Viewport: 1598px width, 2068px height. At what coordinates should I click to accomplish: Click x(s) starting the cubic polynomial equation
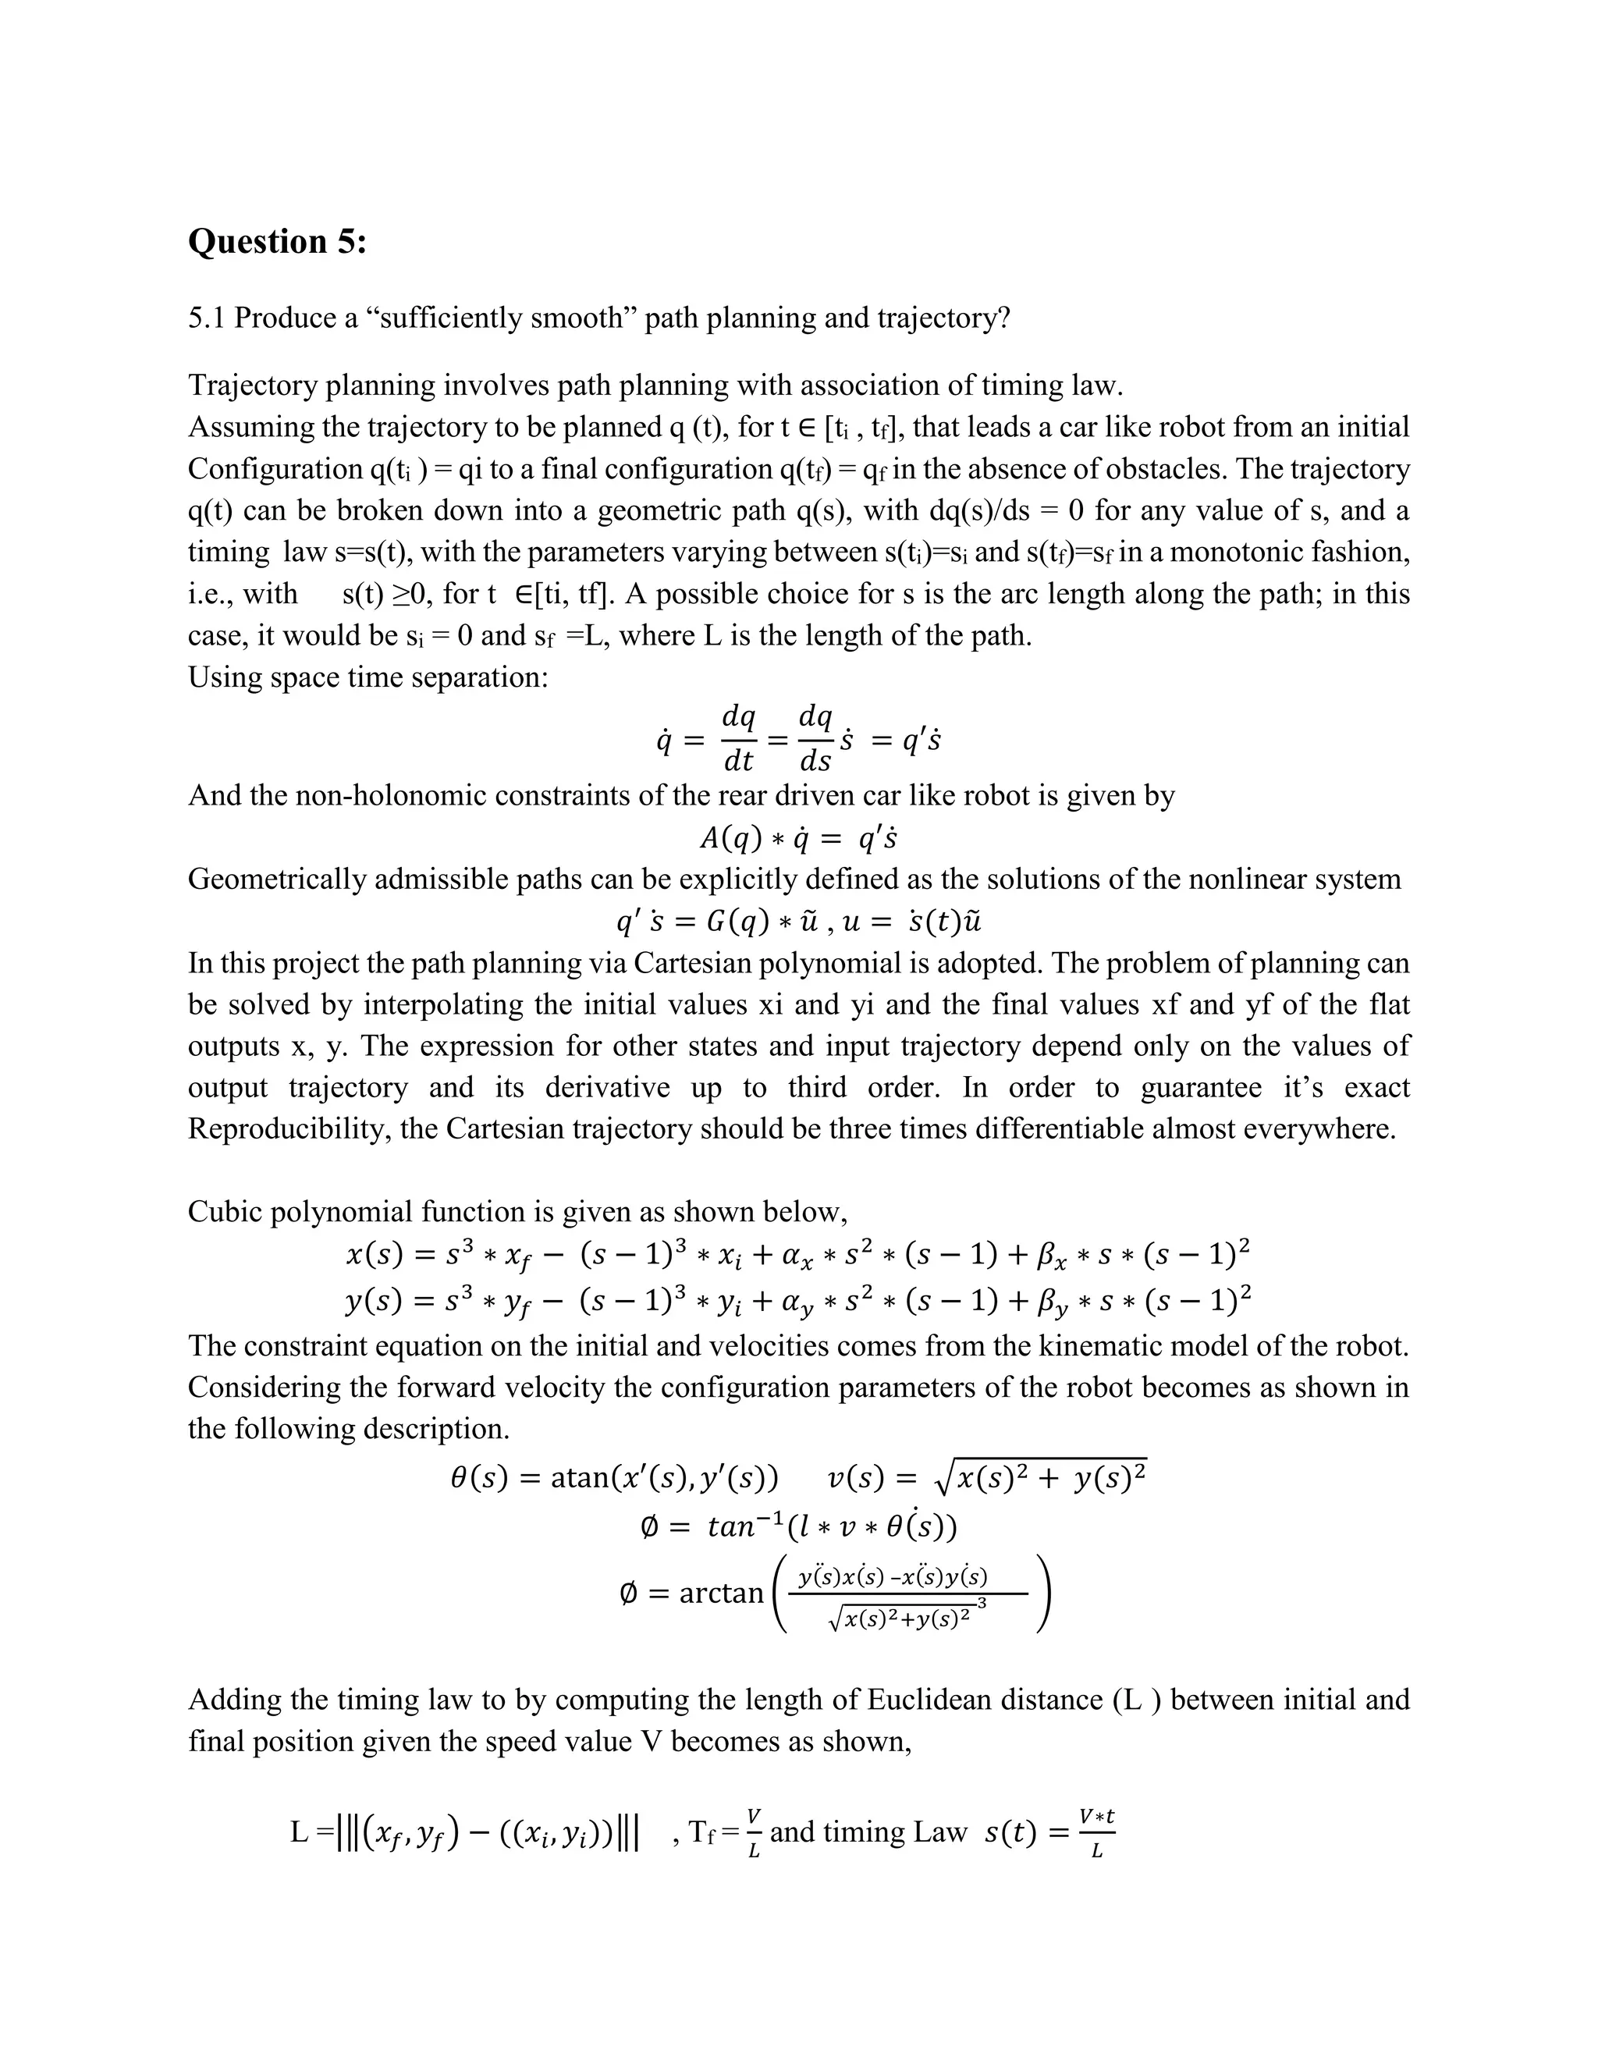(374, 1256)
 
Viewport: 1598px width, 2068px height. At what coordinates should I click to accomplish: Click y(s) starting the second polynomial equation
(374, 1297)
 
